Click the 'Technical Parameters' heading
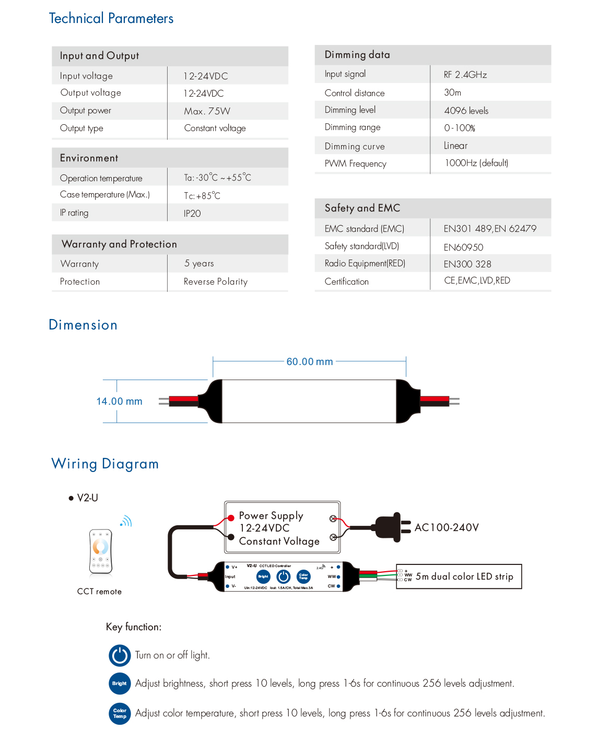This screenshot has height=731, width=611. coord(111,19)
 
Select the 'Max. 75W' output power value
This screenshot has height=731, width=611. coord(207,111)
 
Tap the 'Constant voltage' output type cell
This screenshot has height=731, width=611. coord(215,128)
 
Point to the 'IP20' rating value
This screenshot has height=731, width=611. coord(192,214)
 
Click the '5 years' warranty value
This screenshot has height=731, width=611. coord(199,264)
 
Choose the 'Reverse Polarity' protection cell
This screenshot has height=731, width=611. coord(215,282)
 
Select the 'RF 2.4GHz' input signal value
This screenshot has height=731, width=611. coord(465,75)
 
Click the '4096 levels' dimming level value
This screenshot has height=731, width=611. coord(466,111)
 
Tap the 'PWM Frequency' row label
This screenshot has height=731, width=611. coord(355,164)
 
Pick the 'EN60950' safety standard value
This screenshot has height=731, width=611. coord(463,247)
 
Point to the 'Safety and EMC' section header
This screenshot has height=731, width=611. coord(362,208)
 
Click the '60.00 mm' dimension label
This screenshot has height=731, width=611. coord(310,362)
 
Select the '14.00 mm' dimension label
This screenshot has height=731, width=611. coord(119,402)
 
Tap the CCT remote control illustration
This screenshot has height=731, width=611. coord(100,551)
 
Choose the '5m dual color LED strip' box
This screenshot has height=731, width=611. coord(459,576)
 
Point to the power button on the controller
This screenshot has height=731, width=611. coord(283,576)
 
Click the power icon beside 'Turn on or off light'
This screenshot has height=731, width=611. coord(120,655)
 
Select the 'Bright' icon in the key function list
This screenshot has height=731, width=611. coord(120,683)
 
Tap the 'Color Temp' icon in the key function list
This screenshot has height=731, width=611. coord(120,713)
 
